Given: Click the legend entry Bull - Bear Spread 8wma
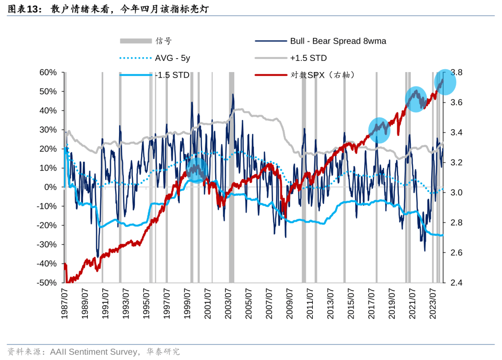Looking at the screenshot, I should click(338, 41).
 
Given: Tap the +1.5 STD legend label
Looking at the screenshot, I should click(308, 58).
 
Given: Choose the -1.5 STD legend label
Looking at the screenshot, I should click(172, 75).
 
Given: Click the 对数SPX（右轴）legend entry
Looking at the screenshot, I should click(323, 75).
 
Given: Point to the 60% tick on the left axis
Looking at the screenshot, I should click(48, 73).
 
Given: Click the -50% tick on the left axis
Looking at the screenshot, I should click(47, 283).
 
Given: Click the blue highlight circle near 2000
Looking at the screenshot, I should click(197, 170).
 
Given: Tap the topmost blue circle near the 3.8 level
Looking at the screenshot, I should click(445, 81).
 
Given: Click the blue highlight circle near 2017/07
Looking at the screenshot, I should click(379, 130).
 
